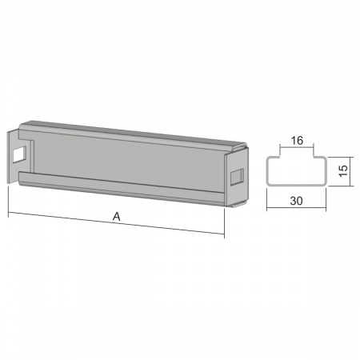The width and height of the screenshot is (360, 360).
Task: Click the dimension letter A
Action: pyautogui.click(x=117, y=216)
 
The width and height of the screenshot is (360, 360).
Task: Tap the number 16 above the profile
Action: pyautogui.click(x=297, y=141)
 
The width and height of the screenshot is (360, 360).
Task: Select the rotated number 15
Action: pyautogui.click(x=344, y=170)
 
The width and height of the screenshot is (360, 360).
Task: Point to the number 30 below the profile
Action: pyautogui.click(x=296, y=201)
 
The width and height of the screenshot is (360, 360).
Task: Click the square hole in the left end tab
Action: pyautogui.click(x=20, y=154)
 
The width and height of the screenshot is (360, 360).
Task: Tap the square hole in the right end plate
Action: pyautogui.click(x=237, y=177)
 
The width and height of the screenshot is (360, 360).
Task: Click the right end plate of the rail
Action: pyautogui.click(x=237, y=178)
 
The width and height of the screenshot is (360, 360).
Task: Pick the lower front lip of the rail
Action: pyautogui.click(x=122, y=187)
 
